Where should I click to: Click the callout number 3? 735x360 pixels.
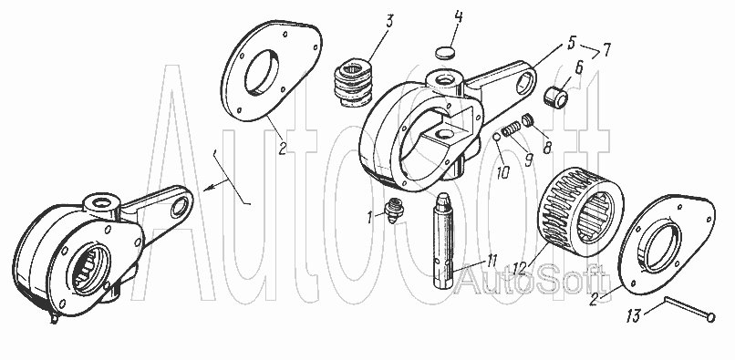[x=389, y=22]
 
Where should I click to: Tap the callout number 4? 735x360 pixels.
[x=459, y=18]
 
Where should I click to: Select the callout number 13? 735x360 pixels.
[x=633, y=316]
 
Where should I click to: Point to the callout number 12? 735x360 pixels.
[x=520, y=269]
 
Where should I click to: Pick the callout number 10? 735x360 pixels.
[x=502, y=172]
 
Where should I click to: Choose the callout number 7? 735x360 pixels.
[x=606, y=50]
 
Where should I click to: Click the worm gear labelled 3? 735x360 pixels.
[x=354, y=83]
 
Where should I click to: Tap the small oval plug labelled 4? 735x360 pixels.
[x=445, y=53]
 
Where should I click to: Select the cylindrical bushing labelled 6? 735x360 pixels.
[x=556, y=96]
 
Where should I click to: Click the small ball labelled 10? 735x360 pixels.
[x=497, y=137]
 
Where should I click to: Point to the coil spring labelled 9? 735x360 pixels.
[x=512, y=129]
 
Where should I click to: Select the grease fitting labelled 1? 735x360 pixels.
[x=393, y=211]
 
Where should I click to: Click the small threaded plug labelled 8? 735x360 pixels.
[x=528, y=120]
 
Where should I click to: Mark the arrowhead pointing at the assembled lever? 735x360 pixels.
[x=209, y=188]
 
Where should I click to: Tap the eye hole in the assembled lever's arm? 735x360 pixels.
[x=180, y=207]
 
